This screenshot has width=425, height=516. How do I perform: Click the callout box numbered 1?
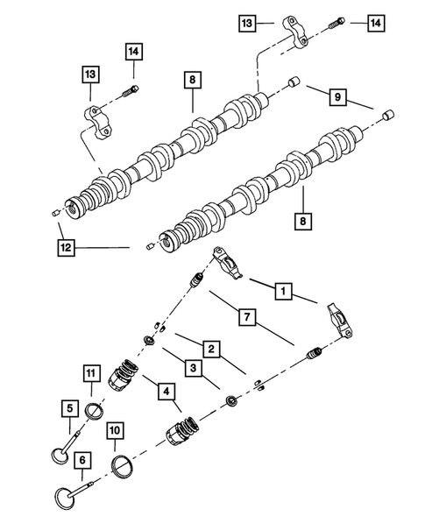pos(283,288)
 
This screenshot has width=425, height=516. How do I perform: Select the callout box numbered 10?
pos(113,430)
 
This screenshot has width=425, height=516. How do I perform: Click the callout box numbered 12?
pos(66,249)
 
